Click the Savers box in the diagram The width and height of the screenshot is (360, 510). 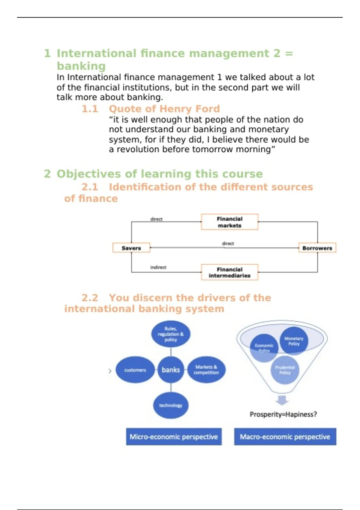tap(131, 248)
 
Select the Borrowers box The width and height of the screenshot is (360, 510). tap(317, 248)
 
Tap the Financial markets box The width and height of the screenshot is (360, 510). tap(229, 222)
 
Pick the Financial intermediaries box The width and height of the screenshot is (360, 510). tap(229, 272)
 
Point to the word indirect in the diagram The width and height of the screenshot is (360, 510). tap(158, 267)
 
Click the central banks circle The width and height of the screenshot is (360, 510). tap(171, 370)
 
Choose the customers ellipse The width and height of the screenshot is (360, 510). tap(135, 370)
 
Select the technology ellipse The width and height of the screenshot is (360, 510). tap(171, 405)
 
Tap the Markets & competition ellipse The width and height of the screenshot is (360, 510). tap(206, 370)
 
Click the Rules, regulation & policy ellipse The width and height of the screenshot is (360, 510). tap(171, 334)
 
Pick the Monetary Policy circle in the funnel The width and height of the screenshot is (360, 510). tap(294, 341)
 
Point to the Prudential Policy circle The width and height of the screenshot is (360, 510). tap(285, 370)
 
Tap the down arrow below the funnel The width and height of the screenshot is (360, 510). tap(282, 400)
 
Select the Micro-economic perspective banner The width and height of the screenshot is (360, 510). tap(174, 437)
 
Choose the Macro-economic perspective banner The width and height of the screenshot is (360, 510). tap(285, 437)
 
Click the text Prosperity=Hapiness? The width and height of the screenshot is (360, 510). tap(283, 414)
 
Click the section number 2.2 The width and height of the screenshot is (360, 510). tap(90, 298)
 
